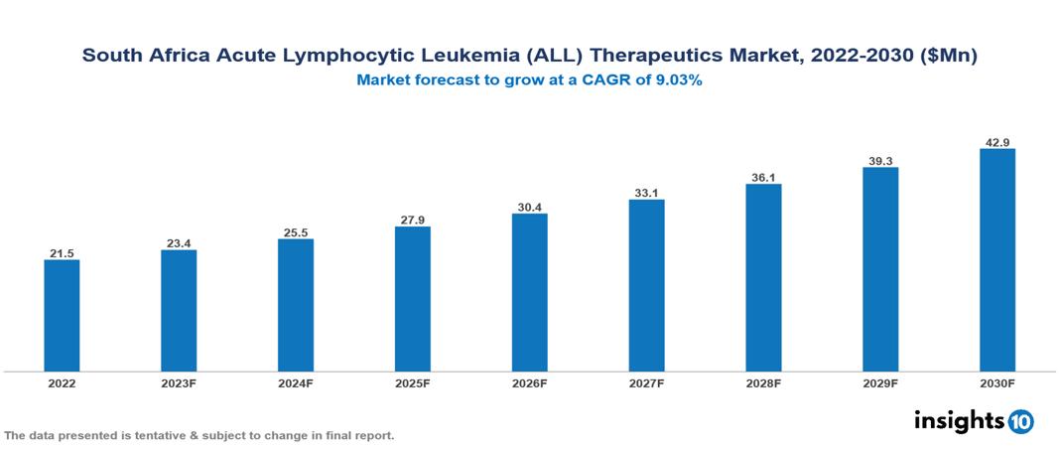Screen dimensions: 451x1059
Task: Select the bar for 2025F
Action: click(412, 299)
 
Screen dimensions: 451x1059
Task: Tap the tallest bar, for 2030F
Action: click(996, 260)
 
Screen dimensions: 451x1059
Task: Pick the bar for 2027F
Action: click(646, 286)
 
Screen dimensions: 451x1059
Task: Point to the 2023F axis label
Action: click(179, 382)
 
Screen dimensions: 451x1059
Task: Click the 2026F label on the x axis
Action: click(529, 382)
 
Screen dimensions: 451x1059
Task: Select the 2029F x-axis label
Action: click(879, 382)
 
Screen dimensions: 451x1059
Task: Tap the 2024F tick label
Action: click(295, 382)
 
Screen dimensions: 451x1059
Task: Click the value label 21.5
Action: click(62, 253)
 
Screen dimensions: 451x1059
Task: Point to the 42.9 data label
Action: click(996, 142)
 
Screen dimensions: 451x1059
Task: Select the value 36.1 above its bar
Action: click(763, 177)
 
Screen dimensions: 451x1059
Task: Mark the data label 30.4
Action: click(529, 207)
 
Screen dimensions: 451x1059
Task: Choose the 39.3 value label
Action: click(879, 160)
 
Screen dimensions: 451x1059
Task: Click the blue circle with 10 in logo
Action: click(1020, 421)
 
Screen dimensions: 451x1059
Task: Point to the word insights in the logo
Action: click(959, 420)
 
